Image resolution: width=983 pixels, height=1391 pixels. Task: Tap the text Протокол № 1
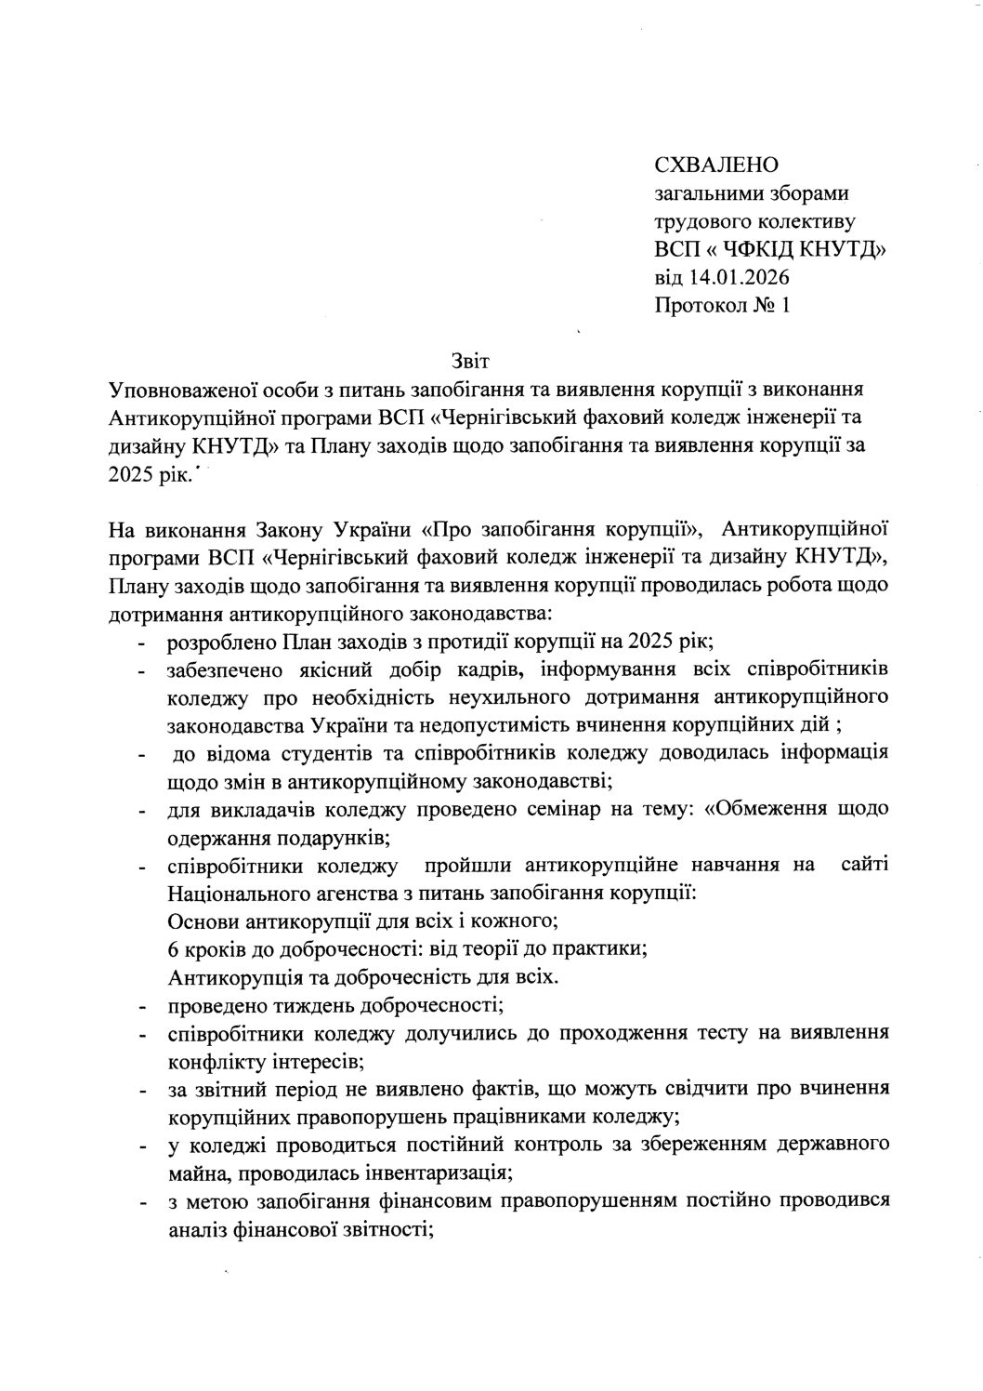pyautogui.click(x=722, y=305)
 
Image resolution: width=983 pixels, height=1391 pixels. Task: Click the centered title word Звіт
pyautogui.click(x=468, y=360)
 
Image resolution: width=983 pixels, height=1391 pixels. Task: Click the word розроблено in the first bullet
pyautogui.click(x=220, y=642)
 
